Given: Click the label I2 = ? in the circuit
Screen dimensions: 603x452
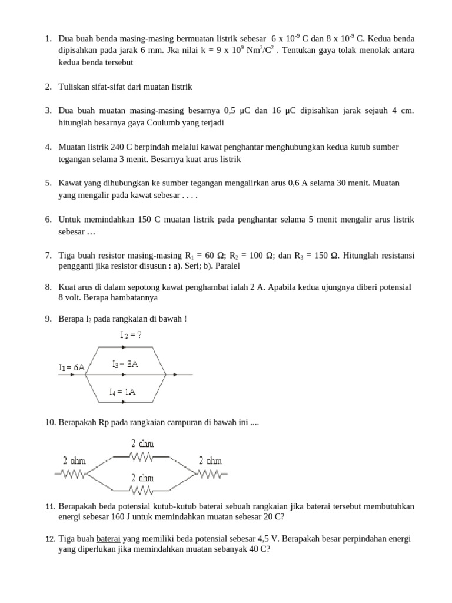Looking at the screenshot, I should click(131, 335).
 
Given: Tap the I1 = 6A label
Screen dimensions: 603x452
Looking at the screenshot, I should click(71, 367).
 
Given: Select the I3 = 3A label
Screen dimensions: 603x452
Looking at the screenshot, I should click(125, 364).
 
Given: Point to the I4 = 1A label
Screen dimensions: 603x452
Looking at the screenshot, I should click(122, 392).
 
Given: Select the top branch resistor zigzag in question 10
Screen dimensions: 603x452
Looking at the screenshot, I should click(142, 456).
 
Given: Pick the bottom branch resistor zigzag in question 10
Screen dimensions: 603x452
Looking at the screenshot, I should click(142, 489).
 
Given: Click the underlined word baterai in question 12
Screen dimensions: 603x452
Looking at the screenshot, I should click(108, 538).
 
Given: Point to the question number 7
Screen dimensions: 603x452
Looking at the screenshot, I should click(48, 255).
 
